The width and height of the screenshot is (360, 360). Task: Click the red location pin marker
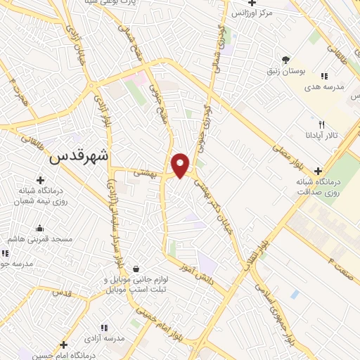[x=181, y=165]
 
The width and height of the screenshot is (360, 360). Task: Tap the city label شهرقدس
[x=79, y=157]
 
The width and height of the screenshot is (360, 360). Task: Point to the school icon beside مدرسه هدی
[x=323, y=76]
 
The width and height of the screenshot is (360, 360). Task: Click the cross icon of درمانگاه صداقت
[x=319, y=171]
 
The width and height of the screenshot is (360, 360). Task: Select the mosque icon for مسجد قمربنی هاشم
[x=39, y=229]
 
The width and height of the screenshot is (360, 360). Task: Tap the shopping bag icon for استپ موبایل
[x=135, y=269]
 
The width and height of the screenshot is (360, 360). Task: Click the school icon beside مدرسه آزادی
[x=104, y=328]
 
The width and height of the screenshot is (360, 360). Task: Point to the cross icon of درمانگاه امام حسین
[x=64, y=345]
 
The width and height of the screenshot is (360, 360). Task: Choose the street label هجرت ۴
[x=12, y=91]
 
